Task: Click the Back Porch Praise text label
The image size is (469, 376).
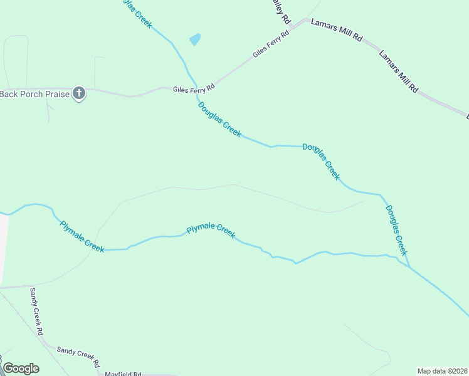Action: point(34,94)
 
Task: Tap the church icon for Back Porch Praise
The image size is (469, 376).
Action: point(79,94)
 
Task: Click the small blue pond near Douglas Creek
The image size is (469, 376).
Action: point(195,39)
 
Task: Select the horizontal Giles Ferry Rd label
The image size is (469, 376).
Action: point(194,89)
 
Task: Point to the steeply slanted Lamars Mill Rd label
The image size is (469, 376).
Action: point(398,71)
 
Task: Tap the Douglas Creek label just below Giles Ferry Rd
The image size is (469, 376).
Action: point(219,119)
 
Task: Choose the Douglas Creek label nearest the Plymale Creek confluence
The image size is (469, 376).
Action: point(396,229)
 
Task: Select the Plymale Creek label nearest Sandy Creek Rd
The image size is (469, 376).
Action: point(82,236)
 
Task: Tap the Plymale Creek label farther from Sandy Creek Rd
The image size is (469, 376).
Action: point(211,230)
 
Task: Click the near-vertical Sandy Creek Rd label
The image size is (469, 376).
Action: point(36,311)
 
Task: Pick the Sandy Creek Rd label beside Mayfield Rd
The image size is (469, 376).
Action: point(78,356)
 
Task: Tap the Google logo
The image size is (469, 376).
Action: point(21,368)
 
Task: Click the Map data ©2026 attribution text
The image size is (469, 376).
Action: point(441,371)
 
